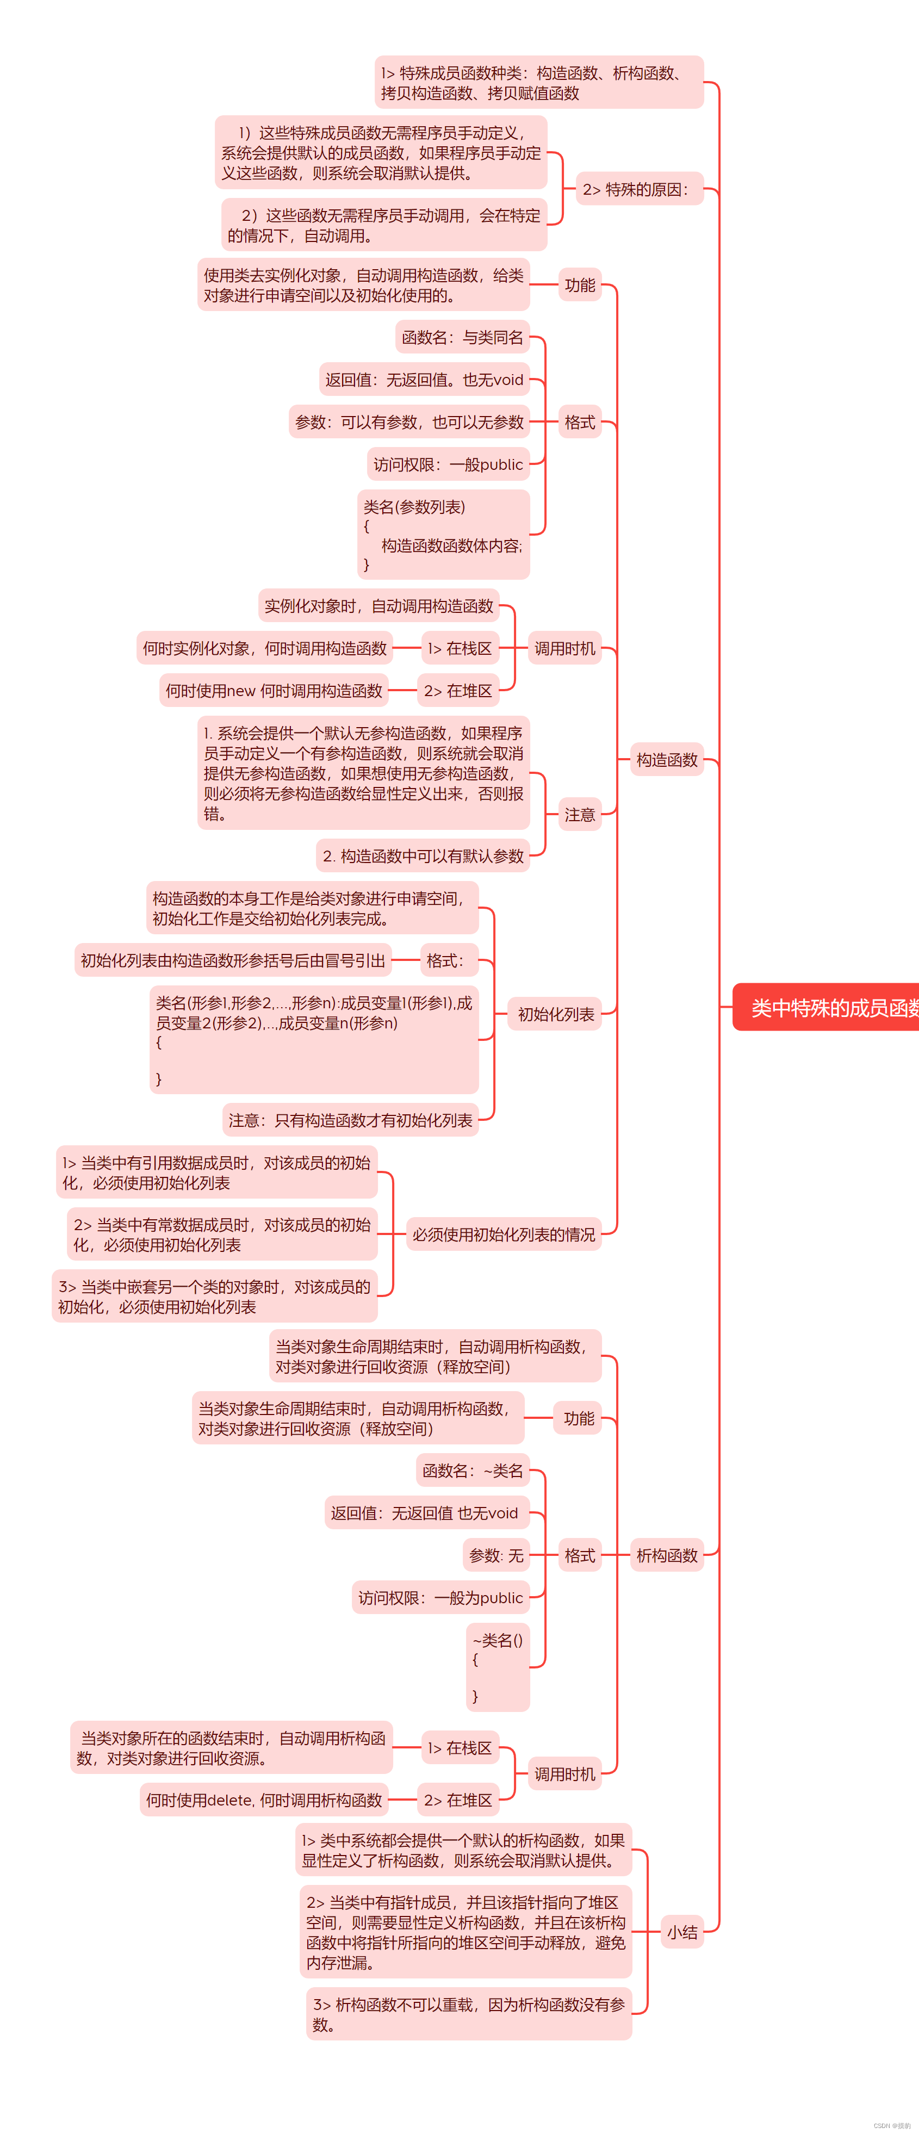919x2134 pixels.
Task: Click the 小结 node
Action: click(682, 1932)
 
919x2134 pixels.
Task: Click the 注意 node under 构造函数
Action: click(579, 814)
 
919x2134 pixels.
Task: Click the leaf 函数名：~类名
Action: click(473, 1471)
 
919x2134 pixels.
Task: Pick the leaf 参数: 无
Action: click(495, 1555)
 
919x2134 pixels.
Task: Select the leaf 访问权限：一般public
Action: click(448, 464)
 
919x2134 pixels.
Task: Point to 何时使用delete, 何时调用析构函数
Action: click(264, 1800)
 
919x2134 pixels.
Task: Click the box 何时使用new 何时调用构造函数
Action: click(274, 690)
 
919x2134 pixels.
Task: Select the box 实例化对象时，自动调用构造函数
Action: click(378, 606)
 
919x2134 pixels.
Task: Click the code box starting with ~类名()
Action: click(497, 1667)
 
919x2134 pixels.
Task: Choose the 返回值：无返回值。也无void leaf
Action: click(424, 380)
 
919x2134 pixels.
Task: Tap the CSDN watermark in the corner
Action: click(892, 2125)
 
